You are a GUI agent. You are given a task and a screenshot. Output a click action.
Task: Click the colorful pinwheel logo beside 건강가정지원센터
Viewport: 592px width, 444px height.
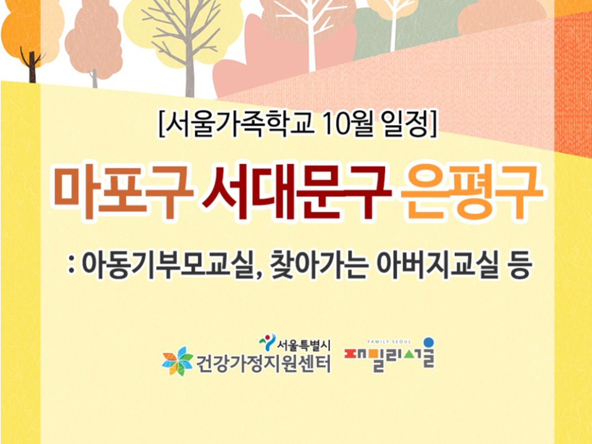[x=177, y=361]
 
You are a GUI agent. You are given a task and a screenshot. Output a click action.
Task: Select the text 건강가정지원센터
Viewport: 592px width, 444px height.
[x=263, y=363]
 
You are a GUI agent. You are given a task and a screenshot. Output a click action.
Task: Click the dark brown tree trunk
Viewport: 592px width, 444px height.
[x=33, y=67]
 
